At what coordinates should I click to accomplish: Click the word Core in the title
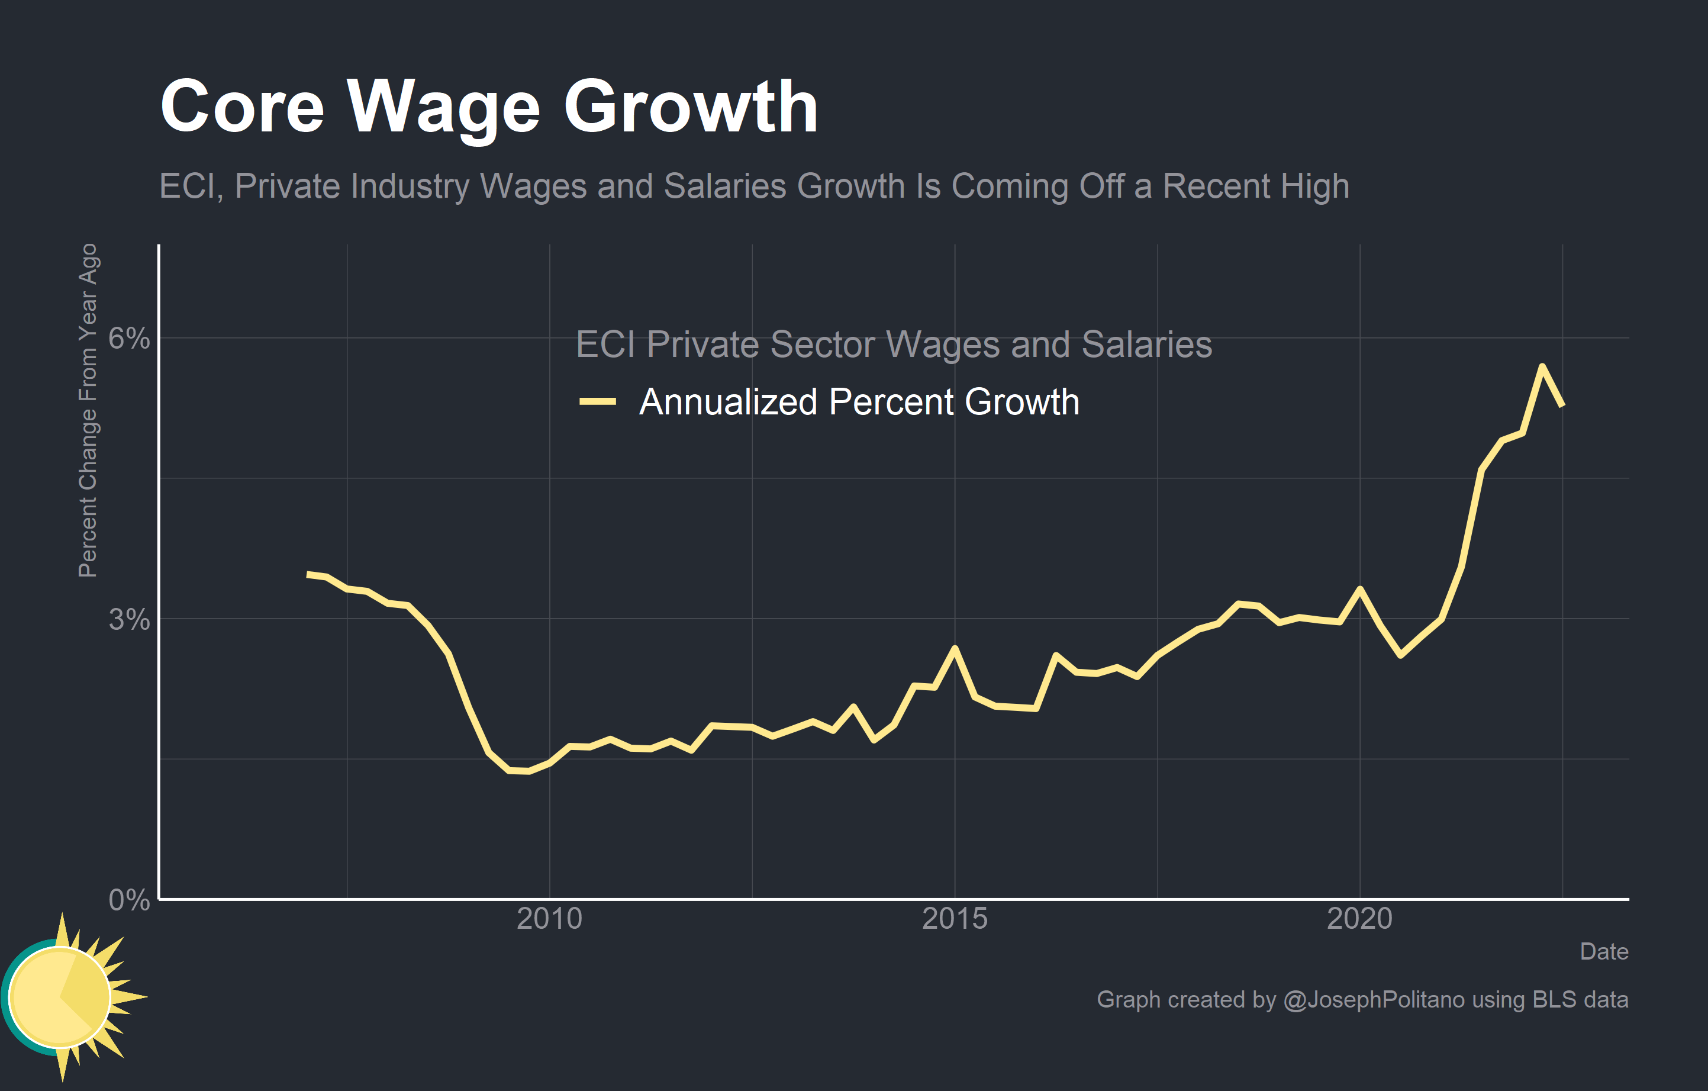pyautogui.click(x=242, y=107)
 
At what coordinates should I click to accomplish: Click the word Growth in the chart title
pyautogui.click(x=690, y=107)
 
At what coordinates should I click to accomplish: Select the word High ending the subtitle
pyautogui.click(x=1315, y=186)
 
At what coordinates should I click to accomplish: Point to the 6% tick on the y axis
pyautogui.click(x=128, y=339)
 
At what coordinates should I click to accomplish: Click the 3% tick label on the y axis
pyautogui.click(x=128, y=619)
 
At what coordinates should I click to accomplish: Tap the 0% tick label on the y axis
pyautogui.click(x=128, y=900)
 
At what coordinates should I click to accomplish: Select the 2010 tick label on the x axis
pyautogui.click(x=549, y=919)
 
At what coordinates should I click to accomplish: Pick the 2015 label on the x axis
pyautogui.click(x=954, y=919)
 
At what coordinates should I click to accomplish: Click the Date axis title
pyautogui.click(x=1604, y=951)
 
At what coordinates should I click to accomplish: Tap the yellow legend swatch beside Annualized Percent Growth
pyautogui.click(x=597, y=402)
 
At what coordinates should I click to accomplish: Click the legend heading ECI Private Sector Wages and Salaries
pyautogui.click(x=893, y=345)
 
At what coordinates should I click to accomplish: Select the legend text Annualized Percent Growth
pyautogui.click(x=858, y=402)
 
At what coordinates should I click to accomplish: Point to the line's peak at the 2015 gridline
pyautogui.click(x=955, y=648)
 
